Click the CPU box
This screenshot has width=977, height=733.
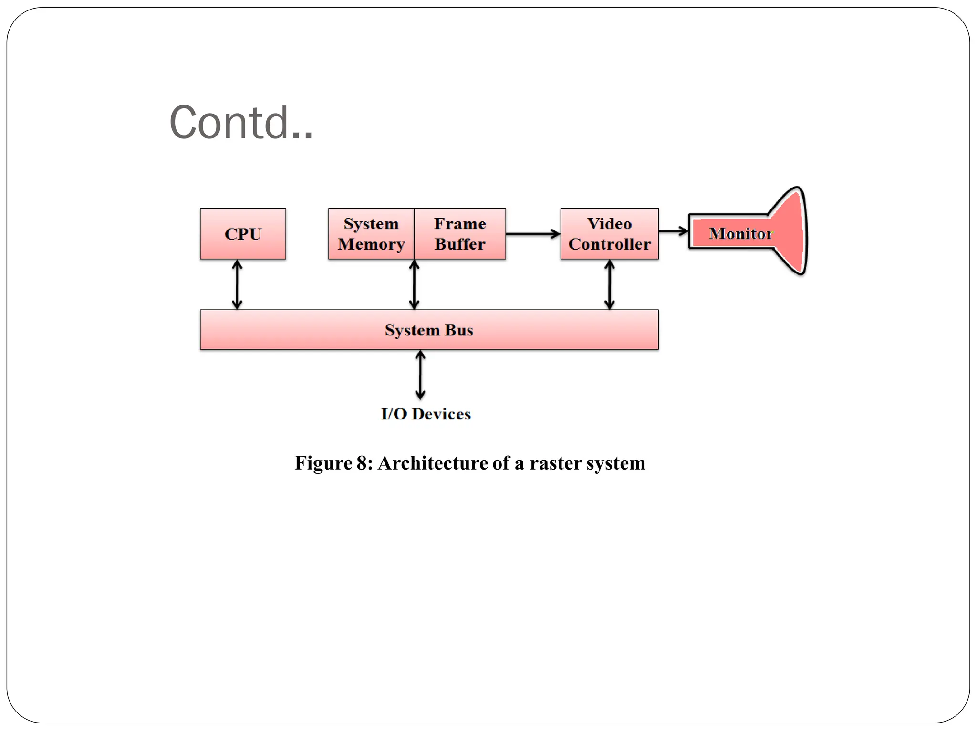tap(243, 234)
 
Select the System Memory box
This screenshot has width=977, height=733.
tap(371, 234)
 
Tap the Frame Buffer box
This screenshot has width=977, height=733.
tap(460, 234)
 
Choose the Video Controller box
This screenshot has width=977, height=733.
tap(609, 234)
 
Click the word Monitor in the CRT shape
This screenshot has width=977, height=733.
tap(740, 233)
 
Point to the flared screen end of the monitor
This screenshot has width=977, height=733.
tap(792, 231)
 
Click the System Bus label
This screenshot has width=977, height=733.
tap(429, 330)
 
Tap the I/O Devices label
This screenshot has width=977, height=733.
tap(426, 414)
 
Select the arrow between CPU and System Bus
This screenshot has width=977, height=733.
tap(237, 284)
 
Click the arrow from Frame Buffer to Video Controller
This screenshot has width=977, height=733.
tap(532, 234)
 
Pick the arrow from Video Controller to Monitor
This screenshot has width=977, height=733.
tap(673, 231)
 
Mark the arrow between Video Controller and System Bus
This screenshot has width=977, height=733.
tap(609, 284)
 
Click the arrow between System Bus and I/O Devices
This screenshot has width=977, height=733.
tap(420, 375)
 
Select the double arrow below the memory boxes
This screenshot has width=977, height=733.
tap(414, 284)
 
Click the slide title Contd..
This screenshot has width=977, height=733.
tap(241, 123)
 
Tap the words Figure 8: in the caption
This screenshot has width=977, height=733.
tap(333, 463)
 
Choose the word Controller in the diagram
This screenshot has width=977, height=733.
tap(609, 244)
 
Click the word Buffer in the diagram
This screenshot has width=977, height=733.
tap(460, 244)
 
